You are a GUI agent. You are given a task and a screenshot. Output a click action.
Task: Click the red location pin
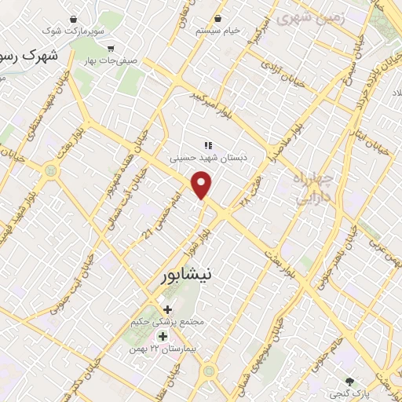tap(203, 185)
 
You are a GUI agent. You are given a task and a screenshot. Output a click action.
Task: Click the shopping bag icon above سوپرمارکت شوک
tap(73, 18)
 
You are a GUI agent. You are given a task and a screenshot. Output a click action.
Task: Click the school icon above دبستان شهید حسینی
tap(208, 144)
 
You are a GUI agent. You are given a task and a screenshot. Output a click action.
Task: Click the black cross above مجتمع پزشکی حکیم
tap(167, 309)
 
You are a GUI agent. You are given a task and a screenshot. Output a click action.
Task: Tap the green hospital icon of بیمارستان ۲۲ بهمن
tap(163, 337)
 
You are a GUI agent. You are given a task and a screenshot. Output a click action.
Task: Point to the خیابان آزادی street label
tap(294, 73)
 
